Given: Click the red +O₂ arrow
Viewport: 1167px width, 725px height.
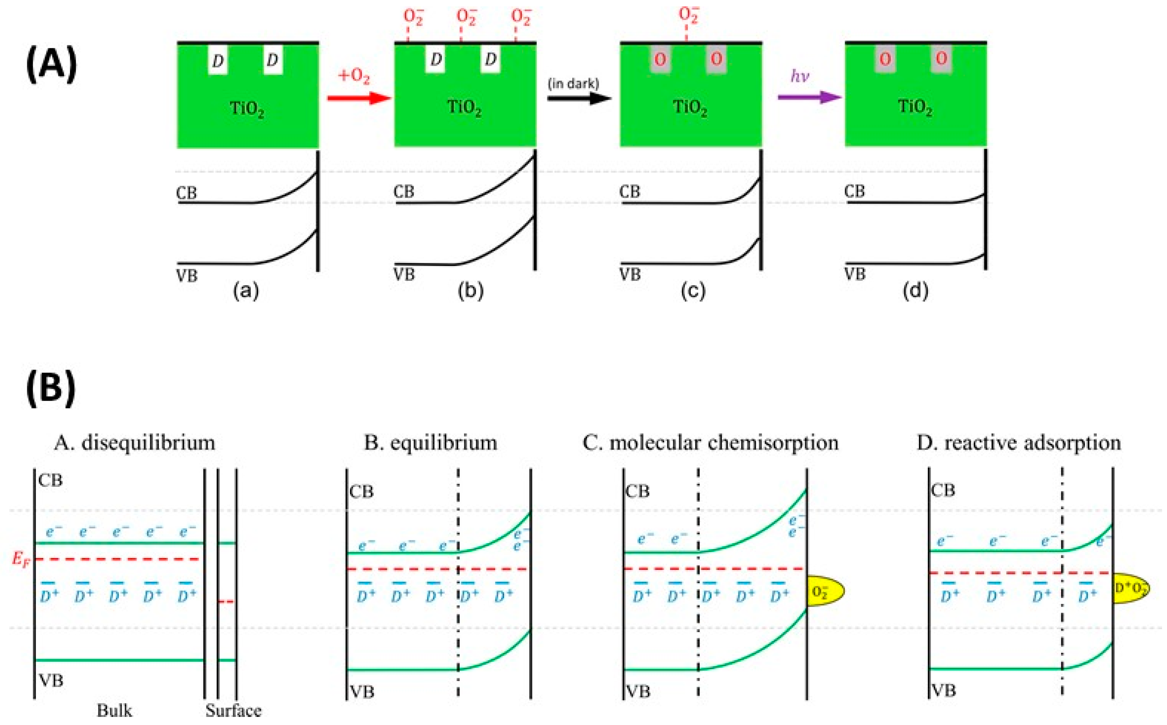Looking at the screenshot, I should coord(359,98).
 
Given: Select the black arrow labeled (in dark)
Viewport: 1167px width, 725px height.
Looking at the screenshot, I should coord(579,98).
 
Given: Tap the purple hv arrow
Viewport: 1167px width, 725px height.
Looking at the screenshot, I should coord(809,97).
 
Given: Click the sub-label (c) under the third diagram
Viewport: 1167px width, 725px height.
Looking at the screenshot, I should coord(693,291).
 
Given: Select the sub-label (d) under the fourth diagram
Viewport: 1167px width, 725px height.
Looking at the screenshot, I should coord(915,291).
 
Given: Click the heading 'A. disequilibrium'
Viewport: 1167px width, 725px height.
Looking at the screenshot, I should coord(134,443).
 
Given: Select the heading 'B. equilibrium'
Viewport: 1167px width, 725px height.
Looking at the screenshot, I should coord(430,443).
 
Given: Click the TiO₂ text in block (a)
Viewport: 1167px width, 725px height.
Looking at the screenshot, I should coord(247,109).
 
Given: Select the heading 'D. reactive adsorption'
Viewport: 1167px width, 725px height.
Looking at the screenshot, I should coord(1019,443).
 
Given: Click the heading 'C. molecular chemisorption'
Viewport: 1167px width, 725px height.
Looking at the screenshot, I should coord(710,443).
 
